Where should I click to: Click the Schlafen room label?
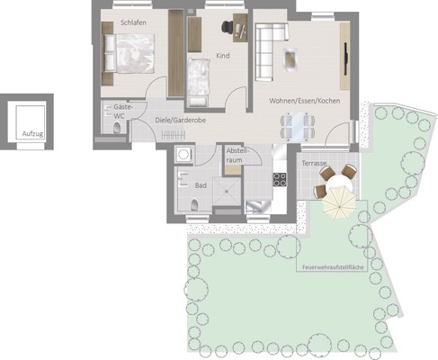pos(133,22)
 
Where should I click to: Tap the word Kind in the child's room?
pos(223,56)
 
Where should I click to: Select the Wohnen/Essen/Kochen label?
pos(305,101)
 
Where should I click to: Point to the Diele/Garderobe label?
pos(181,120)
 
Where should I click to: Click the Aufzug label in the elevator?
pos(32,134)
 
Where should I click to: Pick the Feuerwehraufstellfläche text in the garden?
pos(333,267)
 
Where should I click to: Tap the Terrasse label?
pos(314,163)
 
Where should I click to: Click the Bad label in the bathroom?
pos(201,185)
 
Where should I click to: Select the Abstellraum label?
pos(237,156)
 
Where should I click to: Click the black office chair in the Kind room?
pos(228,27)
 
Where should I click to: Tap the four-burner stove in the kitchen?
pos(280,180)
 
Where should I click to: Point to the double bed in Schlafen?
pos(130,54)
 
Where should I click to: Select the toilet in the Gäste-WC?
pos(117,128)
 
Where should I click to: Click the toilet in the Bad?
pos(194,205)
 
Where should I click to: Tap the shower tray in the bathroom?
pos(227,192)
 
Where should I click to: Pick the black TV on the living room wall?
pos(345,58)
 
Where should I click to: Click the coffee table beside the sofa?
pos(291,59)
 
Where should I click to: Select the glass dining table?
pos(298,126)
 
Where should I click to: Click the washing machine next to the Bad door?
pos(183,155)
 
